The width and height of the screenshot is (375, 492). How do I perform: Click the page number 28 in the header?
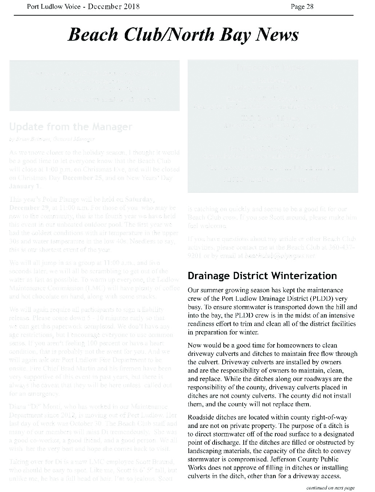(310, 7)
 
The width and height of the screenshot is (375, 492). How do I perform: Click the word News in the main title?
(278, 35)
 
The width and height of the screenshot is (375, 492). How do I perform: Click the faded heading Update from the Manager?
(71, 127)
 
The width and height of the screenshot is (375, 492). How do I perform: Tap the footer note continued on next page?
(330, 488)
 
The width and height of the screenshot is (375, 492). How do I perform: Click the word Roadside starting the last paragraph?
(200, 417)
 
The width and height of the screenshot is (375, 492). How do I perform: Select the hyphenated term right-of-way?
(330, 417)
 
